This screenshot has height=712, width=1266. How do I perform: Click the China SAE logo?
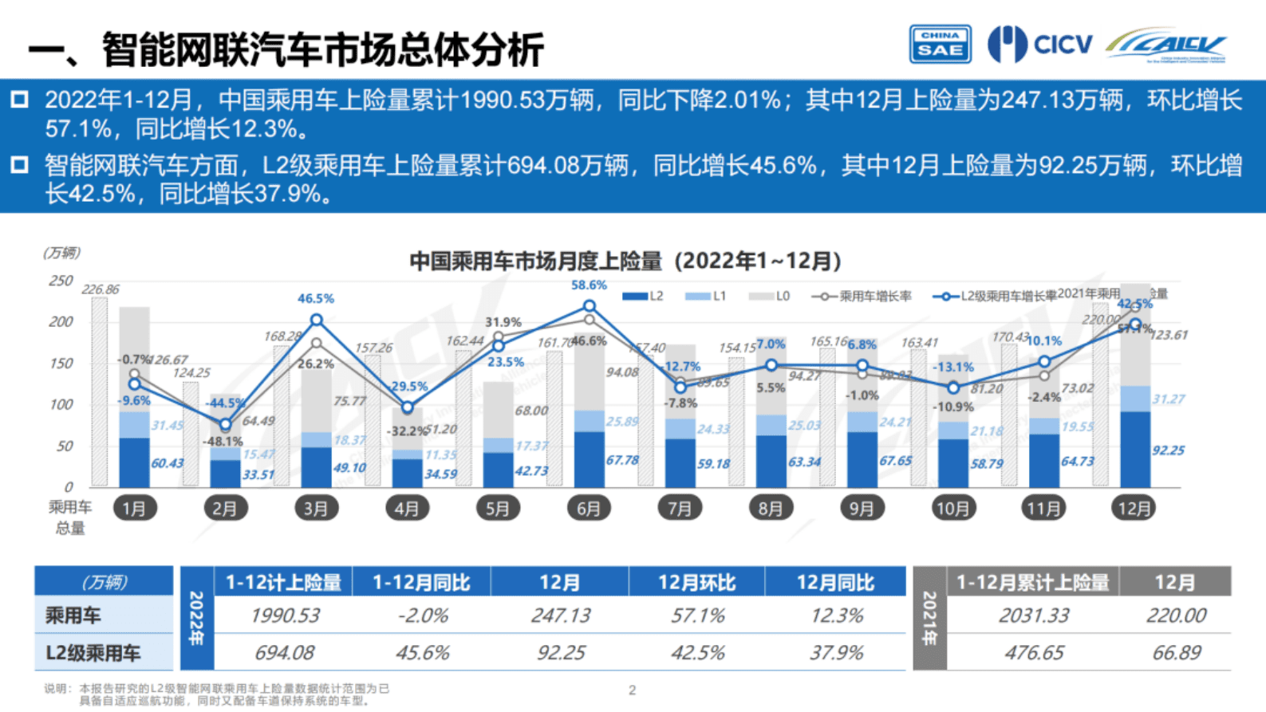coord(940,44)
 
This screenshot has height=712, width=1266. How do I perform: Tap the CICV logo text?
coord(1063,44)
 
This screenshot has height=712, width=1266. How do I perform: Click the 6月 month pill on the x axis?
coord(589,508)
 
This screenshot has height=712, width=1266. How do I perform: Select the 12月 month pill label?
coord(1134,508)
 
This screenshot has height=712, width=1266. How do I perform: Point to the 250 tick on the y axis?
coord(61,281)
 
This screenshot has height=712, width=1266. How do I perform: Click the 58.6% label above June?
coord(589,285)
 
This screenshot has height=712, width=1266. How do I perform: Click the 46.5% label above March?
coord(316,298)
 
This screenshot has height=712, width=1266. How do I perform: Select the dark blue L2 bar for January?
coord(134,462)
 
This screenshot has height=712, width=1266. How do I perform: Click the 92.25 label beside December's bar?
coord(1168,450)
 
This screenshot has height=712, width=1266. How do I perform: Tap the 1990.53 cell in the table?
coord(285,616)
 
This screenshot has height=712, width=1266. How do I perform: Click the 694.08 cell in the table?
coord(285,653)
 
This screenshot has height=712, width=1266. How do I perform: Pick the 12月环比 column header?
coord(696,583)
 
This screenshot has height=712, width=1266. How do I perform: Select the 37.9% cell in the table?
coord(836,653)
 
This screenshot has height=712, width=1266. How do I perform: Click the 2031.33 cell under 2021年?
coord(1034,616)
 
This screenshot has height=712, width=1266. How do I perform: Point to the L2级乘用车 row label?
coord(93,653)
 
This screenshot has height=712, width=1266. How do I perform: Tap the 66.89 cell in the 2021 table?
coord(1177,653)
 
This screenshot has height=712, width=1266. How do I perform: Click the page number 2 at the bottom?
coord(632,690)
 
